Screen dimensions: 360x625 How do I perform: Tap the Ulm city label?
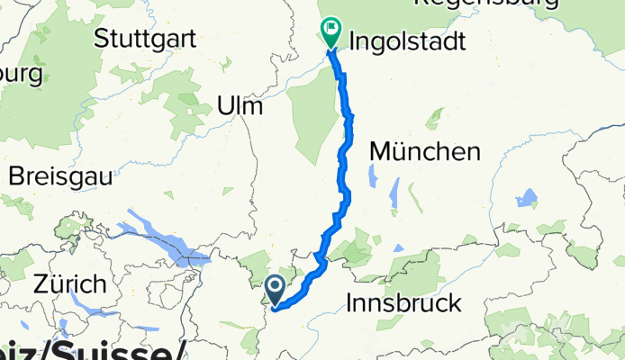pos(240,107)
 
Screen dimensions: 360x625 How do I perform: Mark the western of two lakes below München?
pos(394,193)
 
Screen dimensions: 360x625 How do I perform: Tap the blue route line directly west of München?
pos(343,153)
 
